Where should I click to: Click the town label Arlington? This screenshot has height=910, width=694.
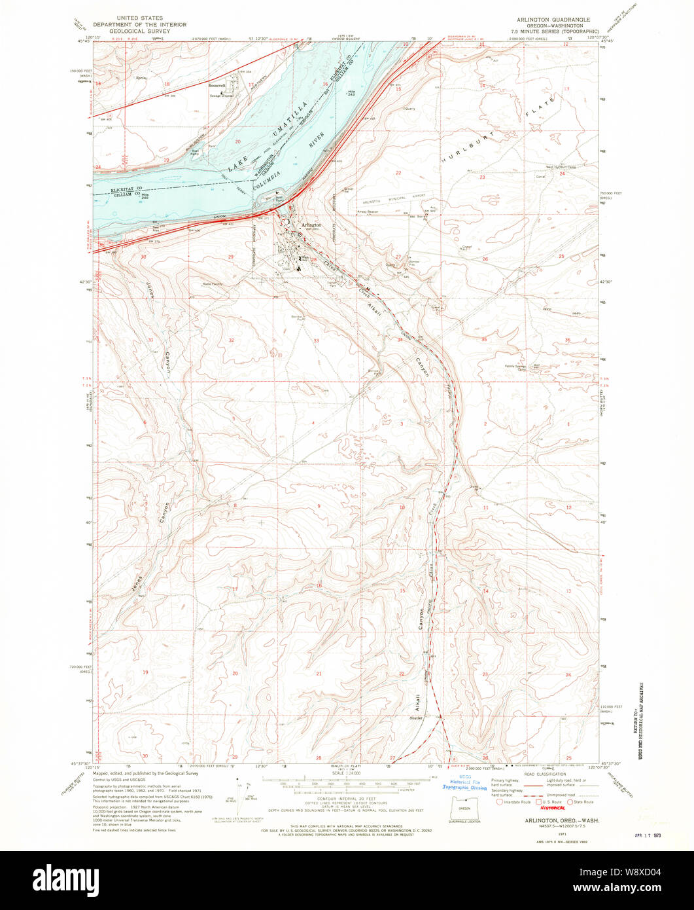[310, 224]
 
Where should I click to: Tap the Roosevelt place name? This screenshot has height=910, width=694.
[217, 86]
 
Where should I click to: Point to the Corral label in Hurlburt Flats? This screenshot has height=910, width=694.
[540, 177]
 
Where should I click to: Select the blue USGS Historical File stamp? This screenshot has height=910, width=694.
[465, 783]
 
